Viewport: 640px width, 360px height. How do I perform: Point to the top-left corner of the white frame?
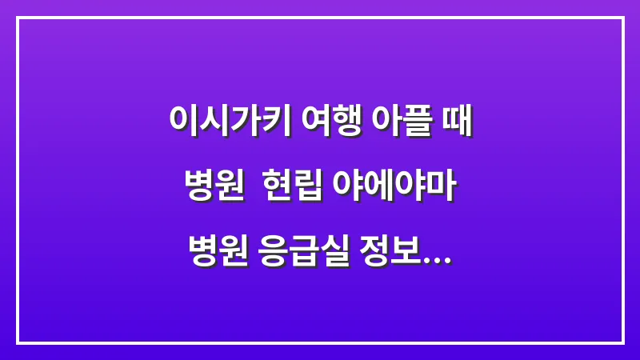click(x=18, y=18)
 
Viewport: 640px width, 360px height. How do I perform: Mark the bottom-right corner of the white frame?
click(x=622, y=342)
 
